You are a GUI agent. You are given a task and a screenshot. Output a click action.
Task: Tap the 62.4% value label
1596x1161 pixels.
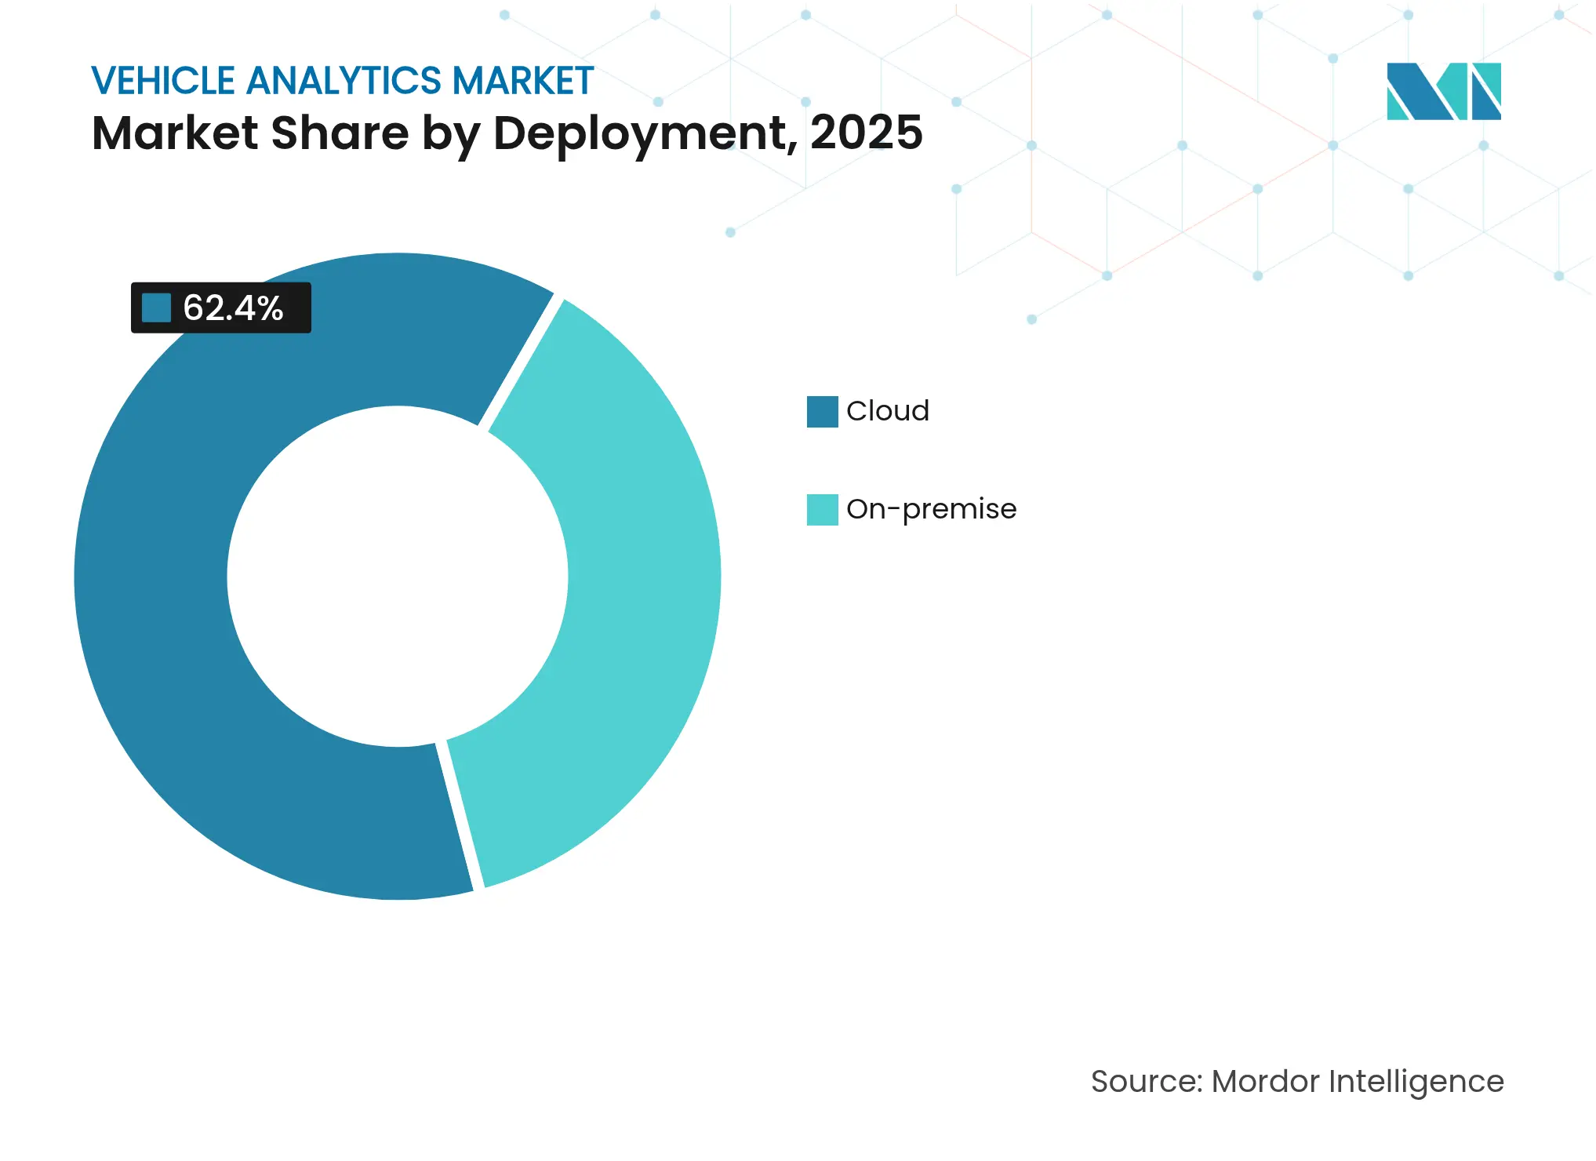233,308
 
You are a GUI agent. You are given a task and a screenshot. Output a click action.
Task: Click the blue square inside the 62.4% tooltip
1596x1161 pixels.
156,308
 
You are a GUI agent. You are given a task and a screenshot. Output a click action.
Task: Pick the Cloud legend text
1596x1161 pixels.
887,411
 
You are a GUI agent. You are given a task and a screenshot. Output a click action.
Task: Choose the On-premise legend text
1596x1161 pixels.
931,509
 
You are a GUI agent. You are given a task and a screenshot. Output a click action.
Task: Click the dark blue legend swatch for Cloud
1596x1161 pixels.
822,411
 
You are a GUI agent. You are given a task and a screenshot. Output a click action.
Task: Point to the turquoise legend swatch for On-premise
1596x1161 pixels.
822,509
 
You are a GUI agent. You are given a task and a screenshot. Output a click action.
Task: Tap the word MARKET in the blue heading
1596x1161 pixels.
522,81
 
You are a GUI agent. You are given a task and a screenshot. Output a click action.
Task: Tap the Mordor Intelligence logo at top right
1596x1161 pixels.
1443,91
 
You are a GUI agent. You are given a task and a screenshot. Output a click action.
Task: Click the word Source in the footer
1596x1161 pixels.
1143,1081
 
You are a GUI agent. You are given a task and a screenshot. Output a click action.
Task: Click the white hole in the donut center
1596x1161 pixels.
398,577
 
